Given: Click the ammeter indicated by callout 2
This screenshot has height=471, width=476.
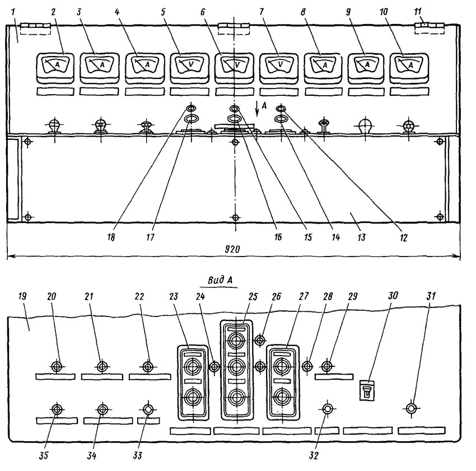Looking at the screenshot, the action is pyautogui.click(x=55, y=68).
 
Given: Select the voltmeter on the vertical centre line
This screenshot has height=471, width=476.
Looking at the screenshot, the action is pyautogui.click(x=234, y=68).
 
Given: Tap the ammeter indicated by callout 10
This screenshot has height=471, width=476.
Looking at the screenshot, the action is pyautogui.click(x=409, y=68).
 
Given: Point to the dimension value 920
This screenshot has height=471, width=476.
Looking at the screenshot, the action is pyautogui.click(x=232, y=249).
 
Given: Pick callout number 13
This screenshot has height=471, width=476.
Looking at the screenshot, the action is pyautogui.click(x=361, y=237).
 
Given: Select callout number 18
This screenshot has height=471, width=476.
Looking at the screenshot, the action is pyautogui.click(x=111, y=237).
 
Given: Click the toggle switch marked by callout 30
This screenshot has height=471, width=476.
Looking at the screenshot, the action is pyautogui.click(x=367, y=390).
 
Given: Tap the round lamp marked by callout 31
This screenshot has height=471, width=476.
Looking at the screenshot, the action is pyautogui.click(x=411, y=408).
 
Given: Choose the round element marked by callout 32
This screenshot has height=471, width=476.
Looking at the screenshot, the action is pyautogui.click(x=327, y=409).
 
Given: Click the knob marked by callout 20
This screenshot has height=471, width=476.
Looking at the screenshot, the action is pyautogui.click(x=57, y=366).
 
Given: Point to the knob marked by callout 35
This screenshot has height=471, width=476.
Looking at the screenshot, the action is pyautogui.click(x=57, y=409).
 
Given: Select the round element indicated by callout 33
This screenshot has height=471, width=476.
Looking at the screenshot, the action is pyautogui.click(x=148, y=409).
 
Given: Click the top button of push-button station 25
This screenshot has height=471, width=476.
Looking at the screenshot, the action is pyautogui.click(x=236, y=340).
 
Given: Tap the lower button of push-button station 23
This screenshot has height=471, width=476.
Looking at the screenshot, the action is pyautogui.click(x=193, y=397).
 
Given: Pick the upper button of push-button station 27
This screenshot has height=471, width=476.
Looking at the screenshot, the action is pyautogui.click(x=282, y=366).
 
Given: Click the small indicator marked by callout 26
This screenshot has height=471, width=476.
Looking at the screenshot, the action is pyautogui.click(x=259, y=340).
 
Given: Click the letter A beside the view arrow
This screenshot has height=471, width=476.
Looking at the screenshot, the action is pyautogui.click(x=264, y=105).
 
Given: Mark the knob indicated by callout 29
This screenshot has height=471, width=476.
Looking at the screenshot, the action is pyautogui.click(x=327, y=366).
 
